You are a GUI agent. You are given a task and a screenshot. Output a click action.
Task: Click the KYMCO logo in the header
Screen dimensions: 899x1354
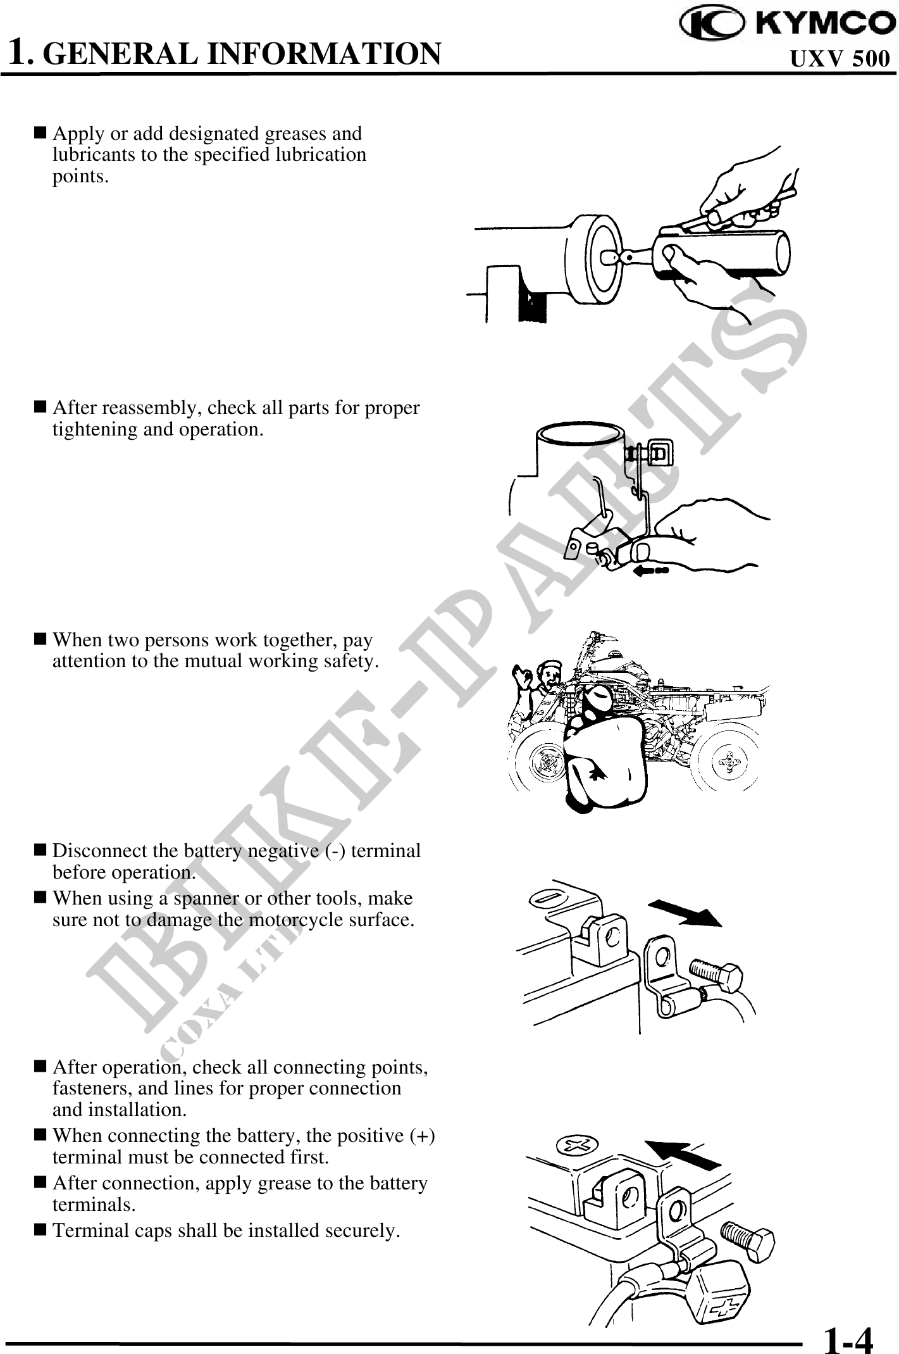click(x=784, y=24)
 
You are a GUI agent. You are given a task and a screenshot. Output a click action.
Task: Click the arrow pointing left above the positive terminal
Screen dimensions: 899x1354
click(x=683, y=1153)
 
